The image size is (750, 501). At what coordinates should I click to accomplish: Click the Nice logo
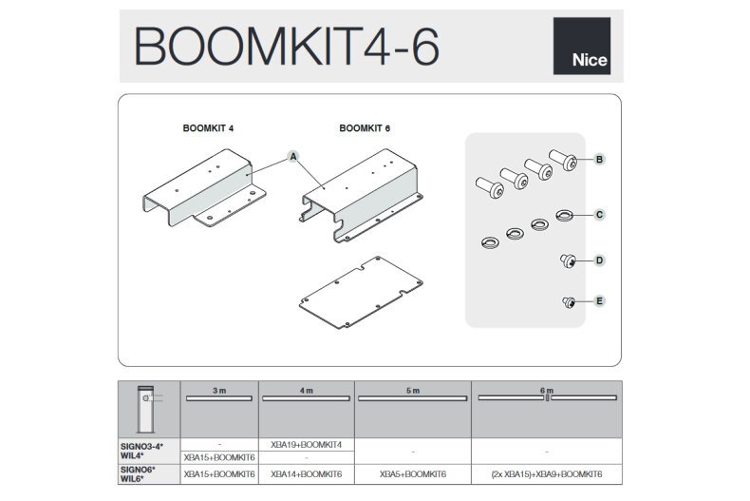581,46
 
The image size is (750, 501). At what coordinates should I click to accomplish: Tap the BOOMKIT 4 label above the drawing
208,127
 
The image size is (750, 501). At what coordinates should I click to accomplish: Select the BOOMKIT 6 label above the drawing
365,127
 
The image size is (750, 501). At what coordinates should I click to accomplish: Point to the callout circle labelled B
599,160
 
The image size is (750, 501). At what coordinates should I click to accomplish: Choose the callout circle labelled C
599,215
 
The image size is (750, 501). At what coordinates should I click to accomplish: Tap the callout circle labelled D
599,260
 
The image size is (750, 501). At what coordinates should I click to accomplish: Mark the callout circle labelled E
599,302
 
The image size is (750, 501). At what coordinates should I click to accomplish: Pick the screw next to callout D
569,260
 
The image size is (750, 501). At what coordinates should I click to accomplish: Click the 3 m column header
219,391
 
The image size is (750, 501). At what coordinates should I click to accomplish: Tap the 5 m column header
413,391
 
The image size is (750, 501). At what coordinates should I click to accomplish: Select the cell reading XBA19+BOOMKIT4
306,444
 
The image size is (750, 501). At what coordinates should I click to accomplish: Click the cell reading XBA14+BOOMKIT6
306,472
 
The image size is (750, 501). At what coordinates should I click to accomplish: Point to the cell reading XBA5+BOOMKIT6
413,472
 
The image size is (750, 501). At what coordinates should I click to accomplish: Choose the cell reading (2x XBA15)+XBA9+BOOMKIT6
547,472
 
